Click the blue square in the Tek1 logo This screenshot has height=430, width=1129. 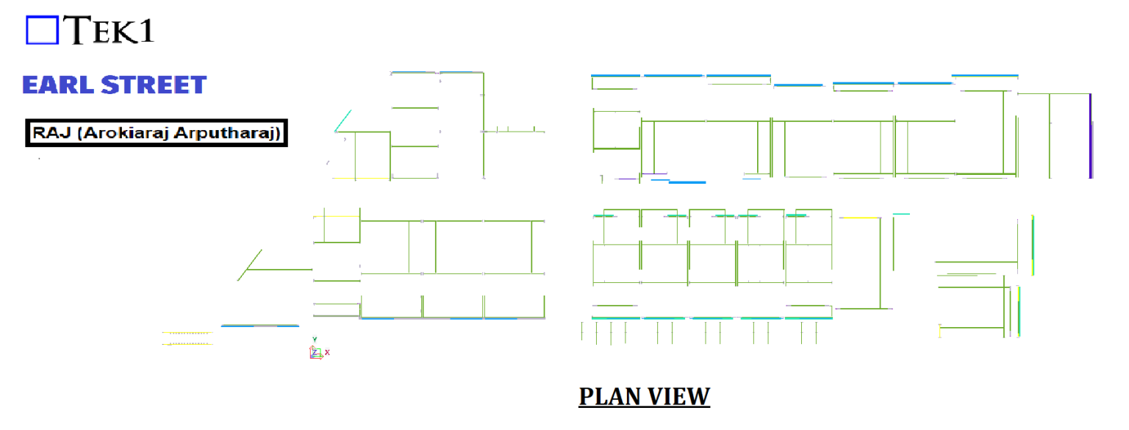coord(43,30)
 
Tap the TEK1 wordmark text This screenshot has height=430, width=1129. coord(108,29)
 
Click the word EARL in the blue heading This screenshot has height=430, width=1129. coord(58,85)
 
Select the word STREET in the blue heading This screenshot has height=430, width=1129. coord(154,85)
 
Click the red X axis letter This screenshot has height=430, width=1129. coord(327,352)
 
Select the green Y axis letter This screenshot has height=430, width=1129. coord(315,340)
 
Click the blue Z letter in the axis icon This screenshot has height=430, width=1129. coord(314,352)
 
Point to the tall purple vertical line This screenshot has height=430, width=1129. coord(1091,136)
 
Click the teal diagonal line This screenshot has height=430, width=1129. coord(343,121)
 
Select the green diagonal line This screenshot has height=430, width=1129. coord(249,265)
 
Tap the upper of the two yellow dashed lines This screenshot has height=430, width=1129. coord(187,333)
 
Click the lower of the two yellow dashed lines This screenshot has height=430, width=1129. coord(187,344)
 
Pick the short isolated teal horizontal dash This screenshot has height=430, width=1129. coord(901,214)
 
